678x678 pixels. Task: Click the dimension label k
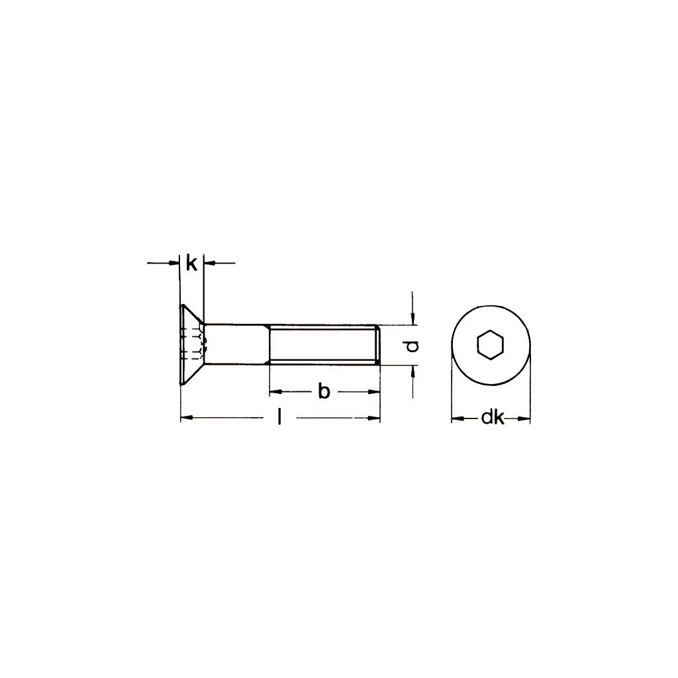(191, 264)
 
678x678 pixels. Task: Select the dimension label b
(324, 391)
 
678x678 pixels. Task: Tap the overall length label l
(280, 418)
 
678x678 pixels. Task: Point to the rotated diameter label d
(412, 346)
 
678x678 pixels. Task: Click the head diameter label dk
(492, 418)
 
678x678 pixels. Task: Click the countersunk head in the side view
(191, 344)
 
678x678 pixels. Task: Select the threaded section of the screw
(324, 344)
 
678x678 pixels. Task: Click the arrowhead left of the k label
(173, 264)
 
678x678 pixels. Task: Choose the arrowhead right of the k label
(209, 264)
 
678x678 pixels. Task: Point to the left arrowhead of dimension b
(275, 391)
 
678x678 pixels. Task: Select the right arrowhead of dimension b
(374, 391)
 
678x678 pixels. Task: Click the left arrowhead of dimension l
(187, 418)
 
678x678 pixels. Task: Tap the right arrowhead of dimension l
(375, 418)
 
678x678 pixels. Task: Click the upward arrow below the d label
(412, 372)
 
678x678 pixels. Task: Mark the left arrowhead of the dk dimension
(457, 418)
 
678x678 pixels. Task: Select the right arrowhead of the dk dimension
(524, 418)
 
